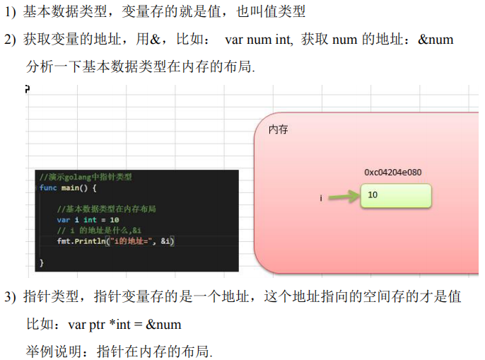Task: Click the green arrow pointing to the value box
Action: pyautogui.click(x=344, y=196)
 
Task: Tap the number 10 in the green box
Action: pyautogui.click(x=373, y=194)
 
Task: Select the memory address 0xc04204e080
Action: pyautogui.click(x=393, y=173)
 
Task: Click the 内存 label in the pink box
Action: pyautogui.click(x=278, y=129)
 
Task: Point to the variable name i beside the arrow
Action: pyautogui.click(x=321, y=198)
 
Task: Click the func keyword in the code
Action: pyautogui.click(x=48, y=187)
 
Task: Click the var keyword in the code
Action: pyautogui.click(x=64, y=220)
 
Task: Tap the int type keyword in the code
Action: pyautogui.click(x=90, y=220)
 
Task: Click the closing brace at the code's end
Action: pyautogui.click(x=42, y=263)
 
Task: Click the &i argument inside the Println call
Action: pyautogui.click(x=166, y=241)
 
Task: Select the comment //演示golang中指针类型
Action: pyautogui.click(x=86, y=177)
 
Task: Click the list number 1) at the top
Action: pyautogui.click(x=10, y=13)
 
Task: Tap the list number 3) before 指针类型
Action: pyautogui.click(x=10, y=296)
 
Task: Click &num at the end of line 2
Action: pyautogui.click(x=436, y=40)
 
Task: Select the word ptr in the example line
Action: pyautogui.click(x=97, y=325)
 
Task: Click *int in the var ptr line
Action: pyautogui.click(x=120, y=324)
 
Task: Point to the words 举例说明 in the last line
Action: pyautogui.click(x=54, y=352)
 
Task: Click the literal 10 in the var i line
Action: pyautogui.click(x=115, y=220)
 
